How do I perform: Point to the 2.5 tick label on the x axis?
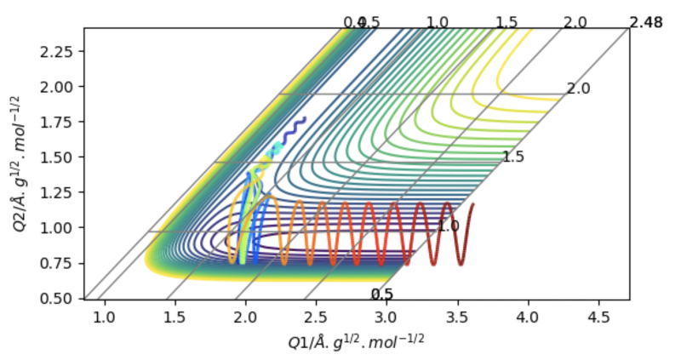316,317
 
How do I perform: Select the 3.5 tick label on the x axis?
457,317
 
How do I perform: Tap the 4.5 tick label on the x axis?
598,317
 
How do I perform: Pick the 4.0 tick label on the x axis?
528,317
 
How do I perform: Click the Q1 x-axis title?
357,340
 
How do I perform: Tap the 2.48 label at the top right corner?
645,22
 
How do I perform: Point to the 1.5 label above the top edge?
506,22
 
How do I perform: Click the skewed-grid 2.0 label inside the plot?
578,89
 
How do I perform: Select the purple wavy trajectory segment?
294,129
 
